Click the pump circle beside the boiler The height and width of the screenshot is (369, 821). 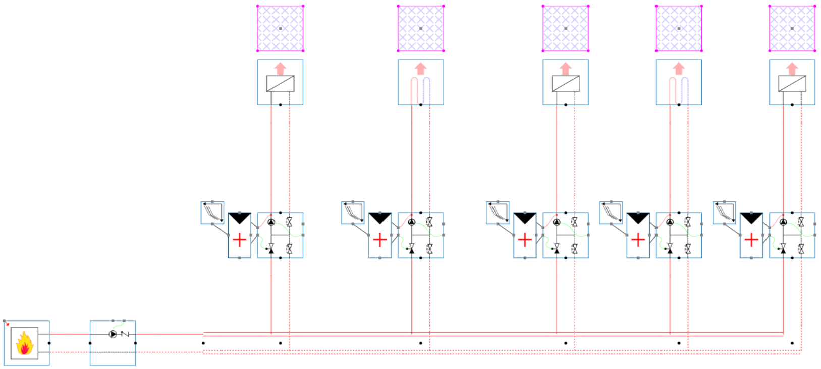point(113,334)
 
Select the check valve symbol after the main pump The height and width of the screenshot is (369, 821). point(125,334)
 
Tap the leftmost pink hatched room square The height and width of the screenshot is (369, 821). point(280,28)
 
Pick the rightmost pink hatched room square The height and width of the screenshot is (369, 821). point(792,28)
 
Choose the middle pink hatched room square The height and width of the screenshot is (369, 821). point(565,28)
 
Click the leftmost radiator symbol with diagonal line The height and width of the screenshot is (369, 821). point(280,84)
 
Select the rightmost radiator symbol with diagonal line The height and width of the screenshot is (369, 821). point(792,84)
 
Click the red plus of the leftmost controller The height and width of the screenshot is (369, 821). point(240,239)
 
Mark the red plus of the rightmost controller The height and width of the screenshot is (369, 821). point(751,239)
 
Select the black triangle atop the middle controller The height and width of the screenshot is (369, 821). point(525,218)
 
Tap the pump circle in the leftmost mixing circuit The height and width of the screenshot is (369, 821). point(271,222)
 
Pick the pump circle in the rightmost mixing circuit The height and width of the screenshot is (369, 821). point(783,222)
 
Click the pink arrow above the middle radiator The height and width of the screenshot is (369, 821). point(565,68)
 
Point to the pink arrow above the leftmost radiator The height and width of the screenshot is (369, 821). point(280,68)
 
